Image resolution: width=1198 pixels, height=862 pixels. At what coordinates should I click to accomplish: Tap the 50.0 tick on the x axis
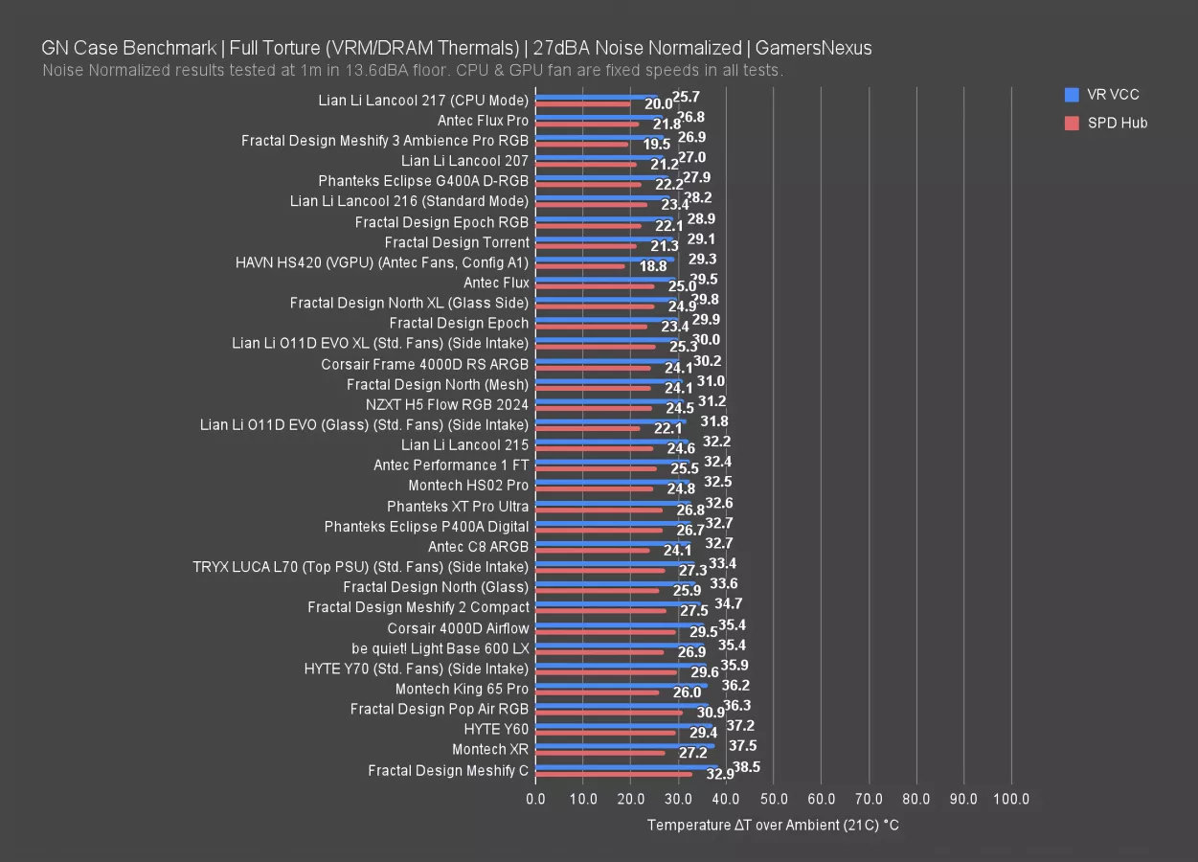(774, 799)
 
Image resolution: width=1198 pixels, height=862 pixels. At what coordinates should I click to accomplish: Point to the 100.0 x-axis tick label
(1011, 799)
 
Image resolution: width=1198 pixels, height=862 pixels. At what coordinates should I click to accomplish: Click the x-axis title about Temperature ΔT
(773, 825)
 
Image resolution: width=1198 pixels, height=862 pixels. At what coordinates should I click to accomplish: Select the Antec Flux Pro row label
(483, 121)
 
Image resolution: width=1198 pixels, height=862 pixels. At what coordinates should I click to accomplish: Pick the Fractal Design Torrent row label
(457, 242)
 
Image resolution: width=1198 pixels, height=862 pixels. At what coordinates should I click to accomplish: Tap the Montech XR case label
(490, 749)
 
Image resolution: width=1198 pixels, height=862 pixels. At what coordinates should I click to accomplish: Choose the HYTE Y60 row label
(496, 729)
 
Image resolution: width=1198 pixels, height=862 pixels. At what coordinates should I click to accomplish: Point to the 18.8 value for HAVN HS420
(653, 267)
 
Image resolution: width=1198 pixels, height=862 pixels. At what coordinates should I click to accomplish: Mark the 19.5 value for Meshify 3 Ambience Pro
(657, 145)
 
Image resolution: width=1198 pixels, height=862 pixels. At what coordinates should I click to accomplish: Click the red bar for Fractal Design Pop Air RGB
(609, 713)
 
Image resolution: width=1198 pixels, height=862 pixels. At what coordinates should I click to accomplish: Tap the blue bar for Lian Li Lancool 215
(612, 442)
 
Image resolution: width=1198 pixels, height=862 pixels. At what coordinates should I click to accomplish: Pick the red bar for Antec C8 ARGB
(593, 551)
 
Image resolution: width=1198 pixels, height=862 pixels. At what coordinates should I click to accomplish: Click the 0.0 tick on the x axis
(536, 799)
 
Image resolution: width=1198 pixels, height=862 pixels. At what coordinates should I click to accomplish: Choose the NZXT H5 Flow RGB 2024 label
(446, 404)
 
